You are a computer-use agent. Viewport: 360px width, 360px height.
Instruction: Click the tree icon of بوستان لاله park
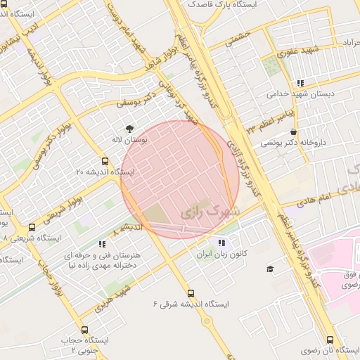pyautogui.click(x=129, y=129)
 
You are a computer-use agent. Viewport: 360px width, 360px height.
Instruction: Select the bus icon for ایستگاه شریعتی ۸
pyautogui.click(x=32, y=227)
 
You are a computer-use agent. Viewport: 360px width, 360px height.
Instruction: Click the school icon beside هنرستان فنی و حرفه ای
pyautogui.click(x=103, y=245)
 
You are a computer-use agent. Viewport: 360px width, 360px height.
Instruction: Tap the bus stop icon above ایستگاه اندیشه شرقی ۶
pyautogui.click(x=190, y=293)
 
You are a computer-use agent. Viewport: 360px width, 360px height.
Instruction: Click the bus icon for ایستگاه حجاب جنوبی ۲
pyautogui.click(x=85, y=330)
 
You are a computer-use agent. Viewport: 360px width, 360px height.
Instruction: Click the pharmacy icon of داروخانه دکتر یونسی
pyautogui.click(x=293, y=131)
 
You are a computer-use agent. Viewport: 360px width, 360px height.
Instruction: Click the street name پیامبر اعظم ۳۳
pyautogui.click(x=272, y=114)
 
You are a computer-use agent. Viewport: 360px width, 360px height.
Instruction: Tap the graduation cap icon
pyautogui.click(x=269, y=269)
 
